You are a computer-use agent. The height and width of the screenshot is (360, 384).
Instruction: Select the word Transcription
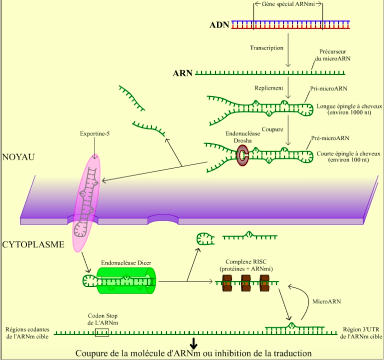[x=266, y=48]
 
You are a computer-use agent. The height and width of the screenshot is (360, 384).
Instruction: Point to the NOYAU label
[x=18, y=157]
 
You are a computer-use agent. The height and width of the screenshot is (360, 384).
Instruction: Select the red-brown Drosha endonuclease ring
[x=243, y=156]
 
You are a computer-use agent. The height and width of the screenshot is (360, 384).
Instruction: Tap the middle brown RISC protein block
[x=246, y=282]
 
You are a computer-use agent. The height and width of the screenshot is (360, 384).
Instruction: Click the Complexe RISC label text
[x=246, y=265]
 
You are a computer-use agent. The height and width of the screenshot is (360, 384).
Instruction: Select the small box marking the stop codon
[x=102, y=332]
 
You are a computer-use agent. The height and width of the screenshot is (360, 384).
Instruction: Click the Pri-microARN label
[x=329, y=88]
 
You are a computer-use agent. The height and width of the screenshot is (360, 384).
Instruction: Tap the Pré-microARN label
[x=329, y=137]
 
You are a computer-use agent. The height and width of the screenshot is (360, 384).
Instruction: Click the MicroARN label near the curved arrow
[x=326, y=302]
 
